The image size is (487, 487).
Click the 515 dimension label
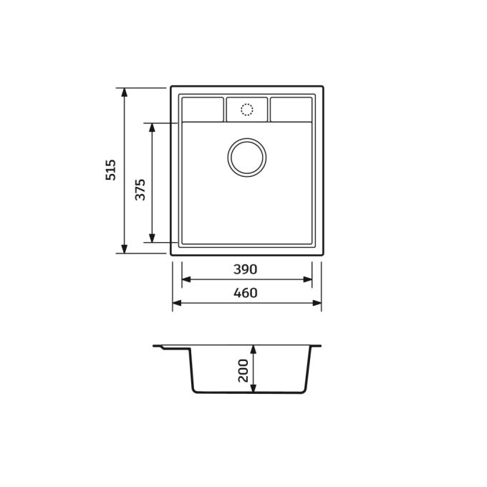tap(110, 170)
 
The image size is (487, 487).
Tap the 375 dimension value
tap(140, 190)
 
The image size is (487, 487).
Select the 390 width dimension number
tap(246, 269)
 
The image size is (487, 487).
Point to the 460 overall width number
tap(246, 293)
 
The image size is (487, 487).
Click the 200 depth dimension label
tap(243, 370)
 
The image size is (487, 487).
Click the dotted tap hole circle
tap(247, 110)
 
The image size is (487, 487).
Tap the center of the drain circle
tap(247, 158)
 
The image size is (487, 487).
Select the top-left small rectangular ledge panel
tap(203, 110)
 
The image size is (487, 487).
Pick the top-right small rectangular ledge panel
tap(291, 110)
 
